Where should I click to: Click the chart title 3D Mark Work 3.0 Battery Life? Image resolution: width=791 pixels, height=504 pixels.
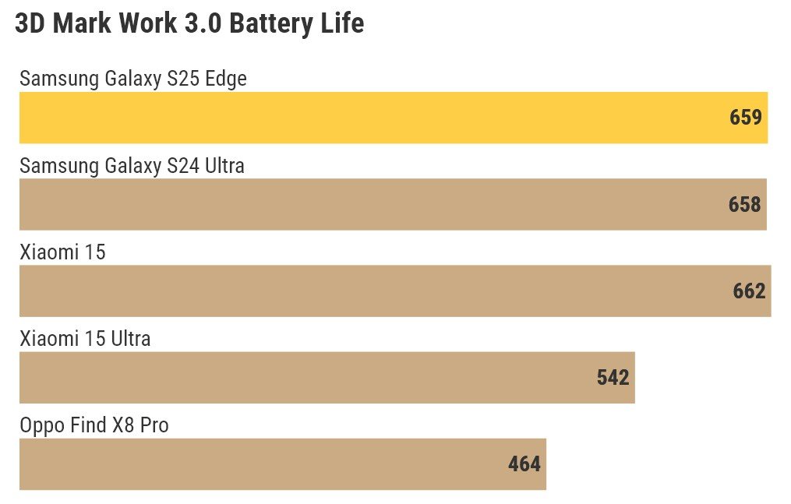pyautogui.click(x=189, y=23)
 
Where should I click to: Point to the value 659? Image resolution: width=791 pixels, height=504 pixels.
pyautogui.click(x=745, y=118)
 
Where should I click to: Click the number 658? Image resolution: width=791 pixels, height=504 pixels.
pyautogui.click(x=744, y=204)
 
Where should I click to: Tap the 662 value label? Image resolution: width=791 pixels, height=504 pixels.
pyautogui.click(x=749, y=291)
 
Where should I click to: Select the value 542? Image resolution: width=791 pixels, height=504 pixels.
pyautogui.click(x=613, y=378)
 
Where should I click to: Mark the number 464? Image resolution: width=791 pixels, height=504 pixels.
pyautogui.click(x=524, y=464)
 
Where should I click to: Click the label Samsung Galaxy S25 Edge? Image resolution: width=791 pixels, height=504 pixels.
pyautogui.click(x=133, y=79)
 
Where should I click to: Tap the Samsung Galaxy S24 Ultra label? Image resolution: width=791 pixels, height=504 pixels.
pyautogui.click(x=132, y=166)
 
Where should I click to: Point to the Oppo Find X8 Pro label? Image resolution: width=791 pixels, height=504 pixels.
pyautogui.click(x=94, y=425)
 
